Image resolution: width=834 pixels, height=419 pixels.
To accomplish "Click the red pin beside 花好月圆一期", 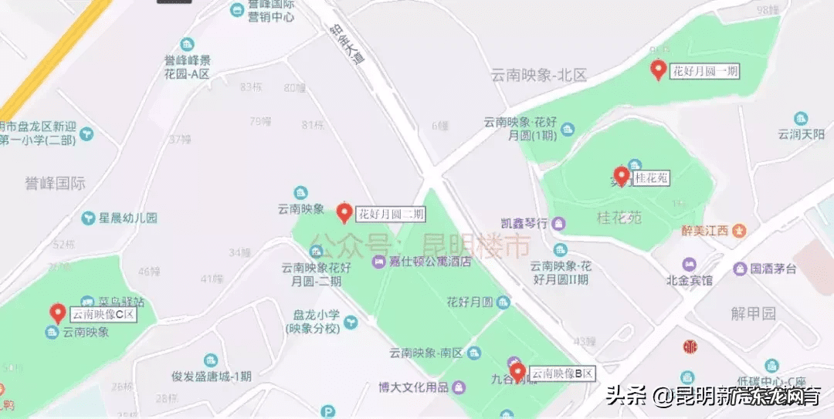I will (658, 70).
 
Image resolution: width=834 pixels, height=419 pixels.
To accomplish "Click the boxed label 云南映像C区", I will (103, 315).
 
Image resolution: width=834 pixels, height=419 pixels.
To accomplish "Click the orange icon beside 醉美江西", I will (740, 230).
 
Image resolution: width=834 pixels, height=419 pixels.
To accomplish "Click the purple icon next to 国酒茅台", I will (739, 269).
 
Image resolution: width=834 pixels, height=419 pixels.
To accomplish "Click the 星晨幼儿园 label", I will (127, 218).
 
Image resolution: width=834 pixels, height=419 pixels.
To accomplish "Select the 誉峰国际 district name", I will (55, 184).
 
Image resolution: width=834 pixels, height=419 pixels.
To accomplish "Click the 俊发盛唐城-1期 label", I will (211, 377).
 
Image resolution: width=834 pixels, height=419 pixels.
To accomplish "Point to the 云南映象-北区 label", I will (540, 75).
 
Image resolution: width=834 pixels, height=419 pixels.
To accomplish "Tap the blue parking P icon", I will (329, 412).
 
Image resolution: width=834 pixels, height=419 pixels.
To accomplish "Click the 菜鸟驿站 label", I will (121, 300).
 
